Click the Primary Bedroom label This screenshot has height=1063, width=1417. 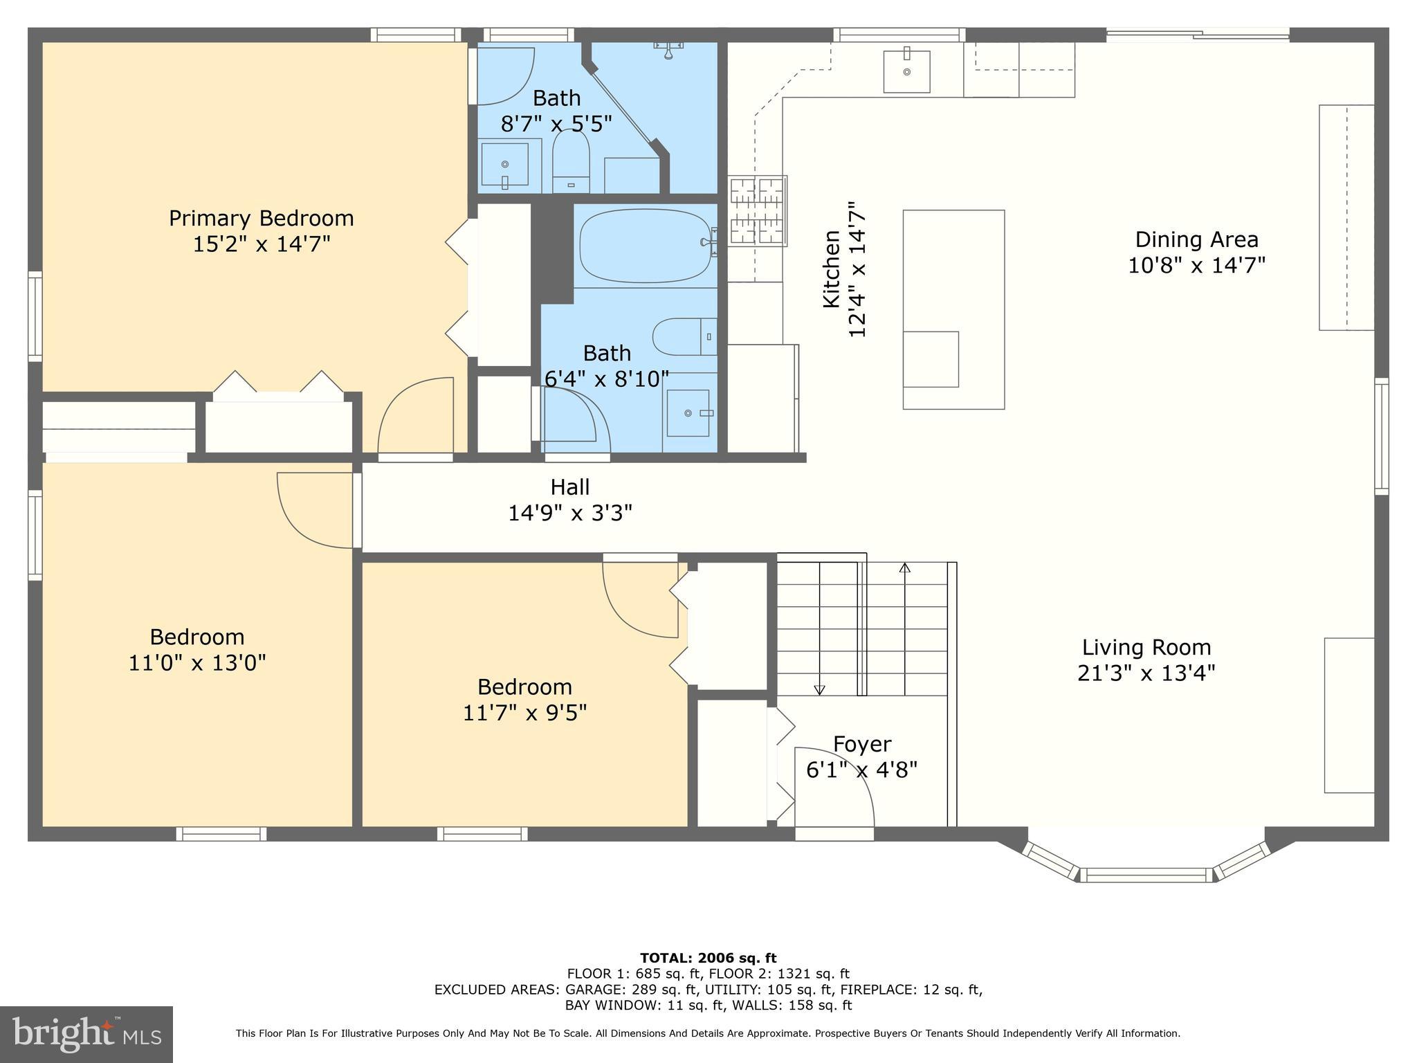[261, 219]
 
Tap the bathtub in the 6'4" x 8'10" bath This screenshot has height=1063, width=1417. [645, 246]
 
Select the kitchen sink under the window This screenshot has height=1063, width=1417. [906, 71]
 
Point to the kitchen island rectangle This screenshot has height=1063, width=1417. [953, 309]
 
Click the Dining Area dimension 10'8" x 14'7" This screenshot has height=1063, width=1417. [1196, 266]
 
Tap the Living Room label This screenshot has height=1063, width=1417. [1146, 648]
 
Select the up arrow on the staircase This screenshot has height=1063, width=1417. [904, 569]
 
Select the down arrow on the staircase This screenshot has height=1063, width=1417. [819, 689]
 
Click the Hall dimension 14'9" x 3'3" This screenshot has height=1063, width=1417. [570, 514]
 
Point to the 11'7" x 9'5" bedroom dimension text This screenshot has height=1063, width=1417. [524, 713]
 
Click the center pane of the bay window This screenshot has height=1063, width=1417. [1146, 875]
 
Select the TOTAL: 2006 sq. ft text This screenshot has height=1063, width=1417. [708, 958]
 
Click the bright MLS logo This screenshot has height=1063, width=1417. [86, 1034]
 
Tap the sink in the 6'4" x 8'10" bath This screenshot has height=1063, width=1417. [688, 413]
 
